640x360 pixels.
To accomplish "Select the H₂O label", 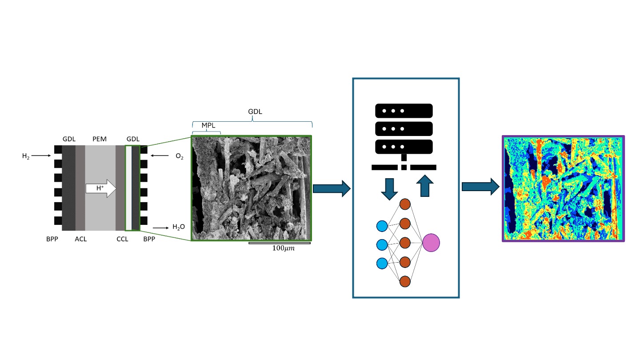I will click(179, 227).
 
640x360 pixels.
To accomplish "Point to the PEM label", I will click(99, 139).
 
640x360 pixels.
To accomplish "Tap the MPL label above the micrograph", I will click(208, 125).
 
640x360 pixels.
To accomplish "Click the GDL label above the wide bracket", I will click(255, 112).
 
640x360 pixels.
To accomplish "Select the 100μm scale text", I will click(283, 248).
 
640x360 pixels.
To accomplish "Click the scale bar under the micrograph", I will click(279, 243).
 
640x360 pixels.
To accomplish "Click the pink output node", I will click(431, 243).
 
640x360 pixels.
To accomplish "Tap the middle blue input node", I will click(381, 244).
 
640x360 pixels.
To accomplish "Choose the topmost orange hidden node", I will click(404, 204).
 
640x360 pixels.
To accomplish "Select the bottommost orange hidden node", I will click(404, 282).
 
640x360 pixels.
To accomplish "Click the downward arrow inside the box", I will click(389, 188).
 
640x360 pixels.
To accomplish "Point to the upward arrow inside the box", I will click(426, 186).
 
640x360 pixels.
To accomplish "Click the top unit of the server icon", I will click(404, 110).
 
